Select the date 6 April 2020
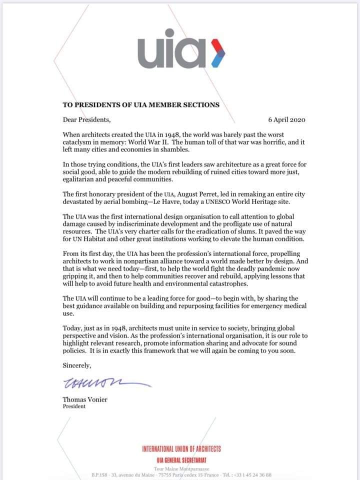pyautogui.click(x=286, y=120)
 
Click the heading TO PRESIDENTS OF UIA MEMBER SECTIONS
pyautogui.click(x=141, y=105)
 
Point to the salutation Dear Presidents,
pyautogui.click(x=86, y=120)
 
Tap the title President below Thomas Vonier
pyautogui.click(x=74, y=406)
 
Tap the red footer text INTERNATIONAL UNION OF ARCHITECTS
pyautogui.click(x=181, y=449)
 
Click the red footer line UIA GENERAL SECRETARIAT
pyautogui.click(x=181, y=459)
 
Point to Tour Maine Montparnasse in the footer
pyautogui.click(x=181, y=468)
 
